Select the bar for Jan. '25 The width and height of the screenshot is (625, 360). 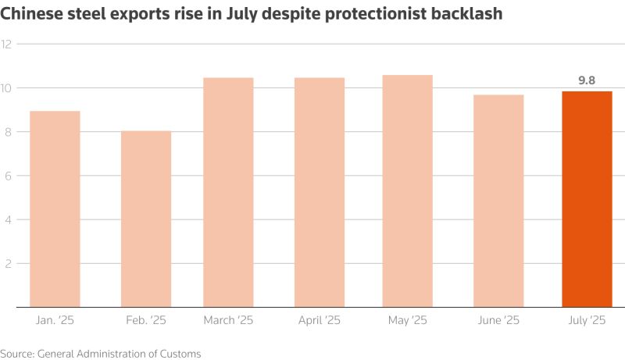[x=55, y=209]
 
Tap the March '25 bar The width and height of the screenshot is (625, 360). [x=228, y=192]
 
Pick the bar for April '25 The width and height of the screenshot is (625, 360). [x=320, y=192]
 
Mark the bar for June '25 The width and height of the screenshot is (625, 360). [x=498, y=201]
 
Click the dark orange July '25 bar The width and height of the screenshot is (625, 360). [x=587, y=199]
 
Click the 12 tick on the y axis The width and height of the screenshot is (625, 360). [x=7, y=45]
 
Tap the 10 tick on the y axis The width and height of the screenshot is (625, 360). [x=7, y=88]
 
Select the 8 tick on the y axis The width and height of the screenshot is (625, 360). [x=7, y=132]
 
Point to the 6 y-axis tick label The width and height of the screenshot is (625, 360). [x=7, y=176]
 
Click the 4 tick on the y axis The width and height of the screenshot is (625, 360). [x=7, y=219]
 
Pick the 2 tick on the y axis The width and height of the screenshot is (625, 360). [x=7, y=264]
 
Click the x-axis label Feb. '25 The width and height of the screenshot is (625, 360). [x=146, y=321]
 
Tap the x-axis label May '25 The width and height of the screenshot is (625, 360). [x=407, y=321]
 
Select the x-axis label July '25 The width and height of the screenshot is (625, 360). [x=587, y=321]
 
